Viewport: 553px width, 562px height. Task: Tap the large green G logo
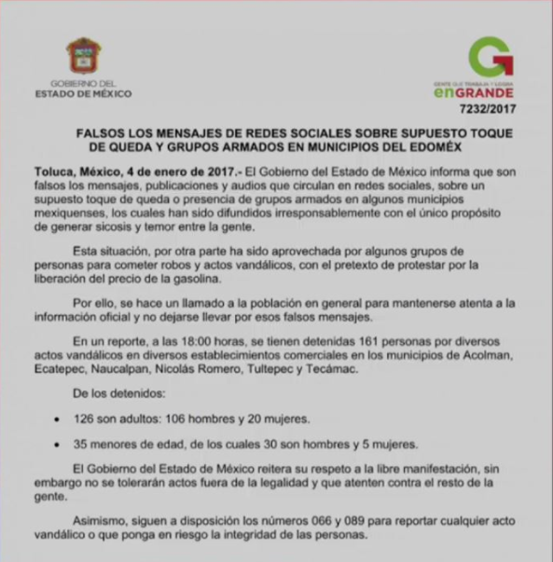pyautogui.click(x=490, y=58)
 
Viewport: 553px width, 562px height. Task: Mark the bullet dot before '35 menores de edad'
pyautogui.click(x=59, y=444)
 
